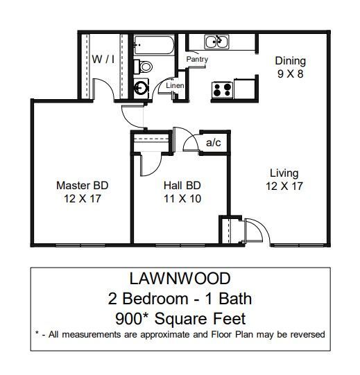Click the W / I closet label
103,60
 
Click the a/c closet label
213,143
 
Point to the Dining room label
290,60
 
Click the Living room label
284,173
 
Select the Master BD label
82,186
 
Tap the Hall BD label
182,186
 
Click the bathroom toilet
144,67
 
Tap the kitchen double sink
218,43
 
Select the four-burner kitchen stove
222,89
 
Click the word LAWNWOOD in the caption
180,280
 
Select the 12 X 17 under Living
284,186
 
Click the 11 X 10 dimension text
182,198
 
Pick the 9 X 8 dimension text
290,73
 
